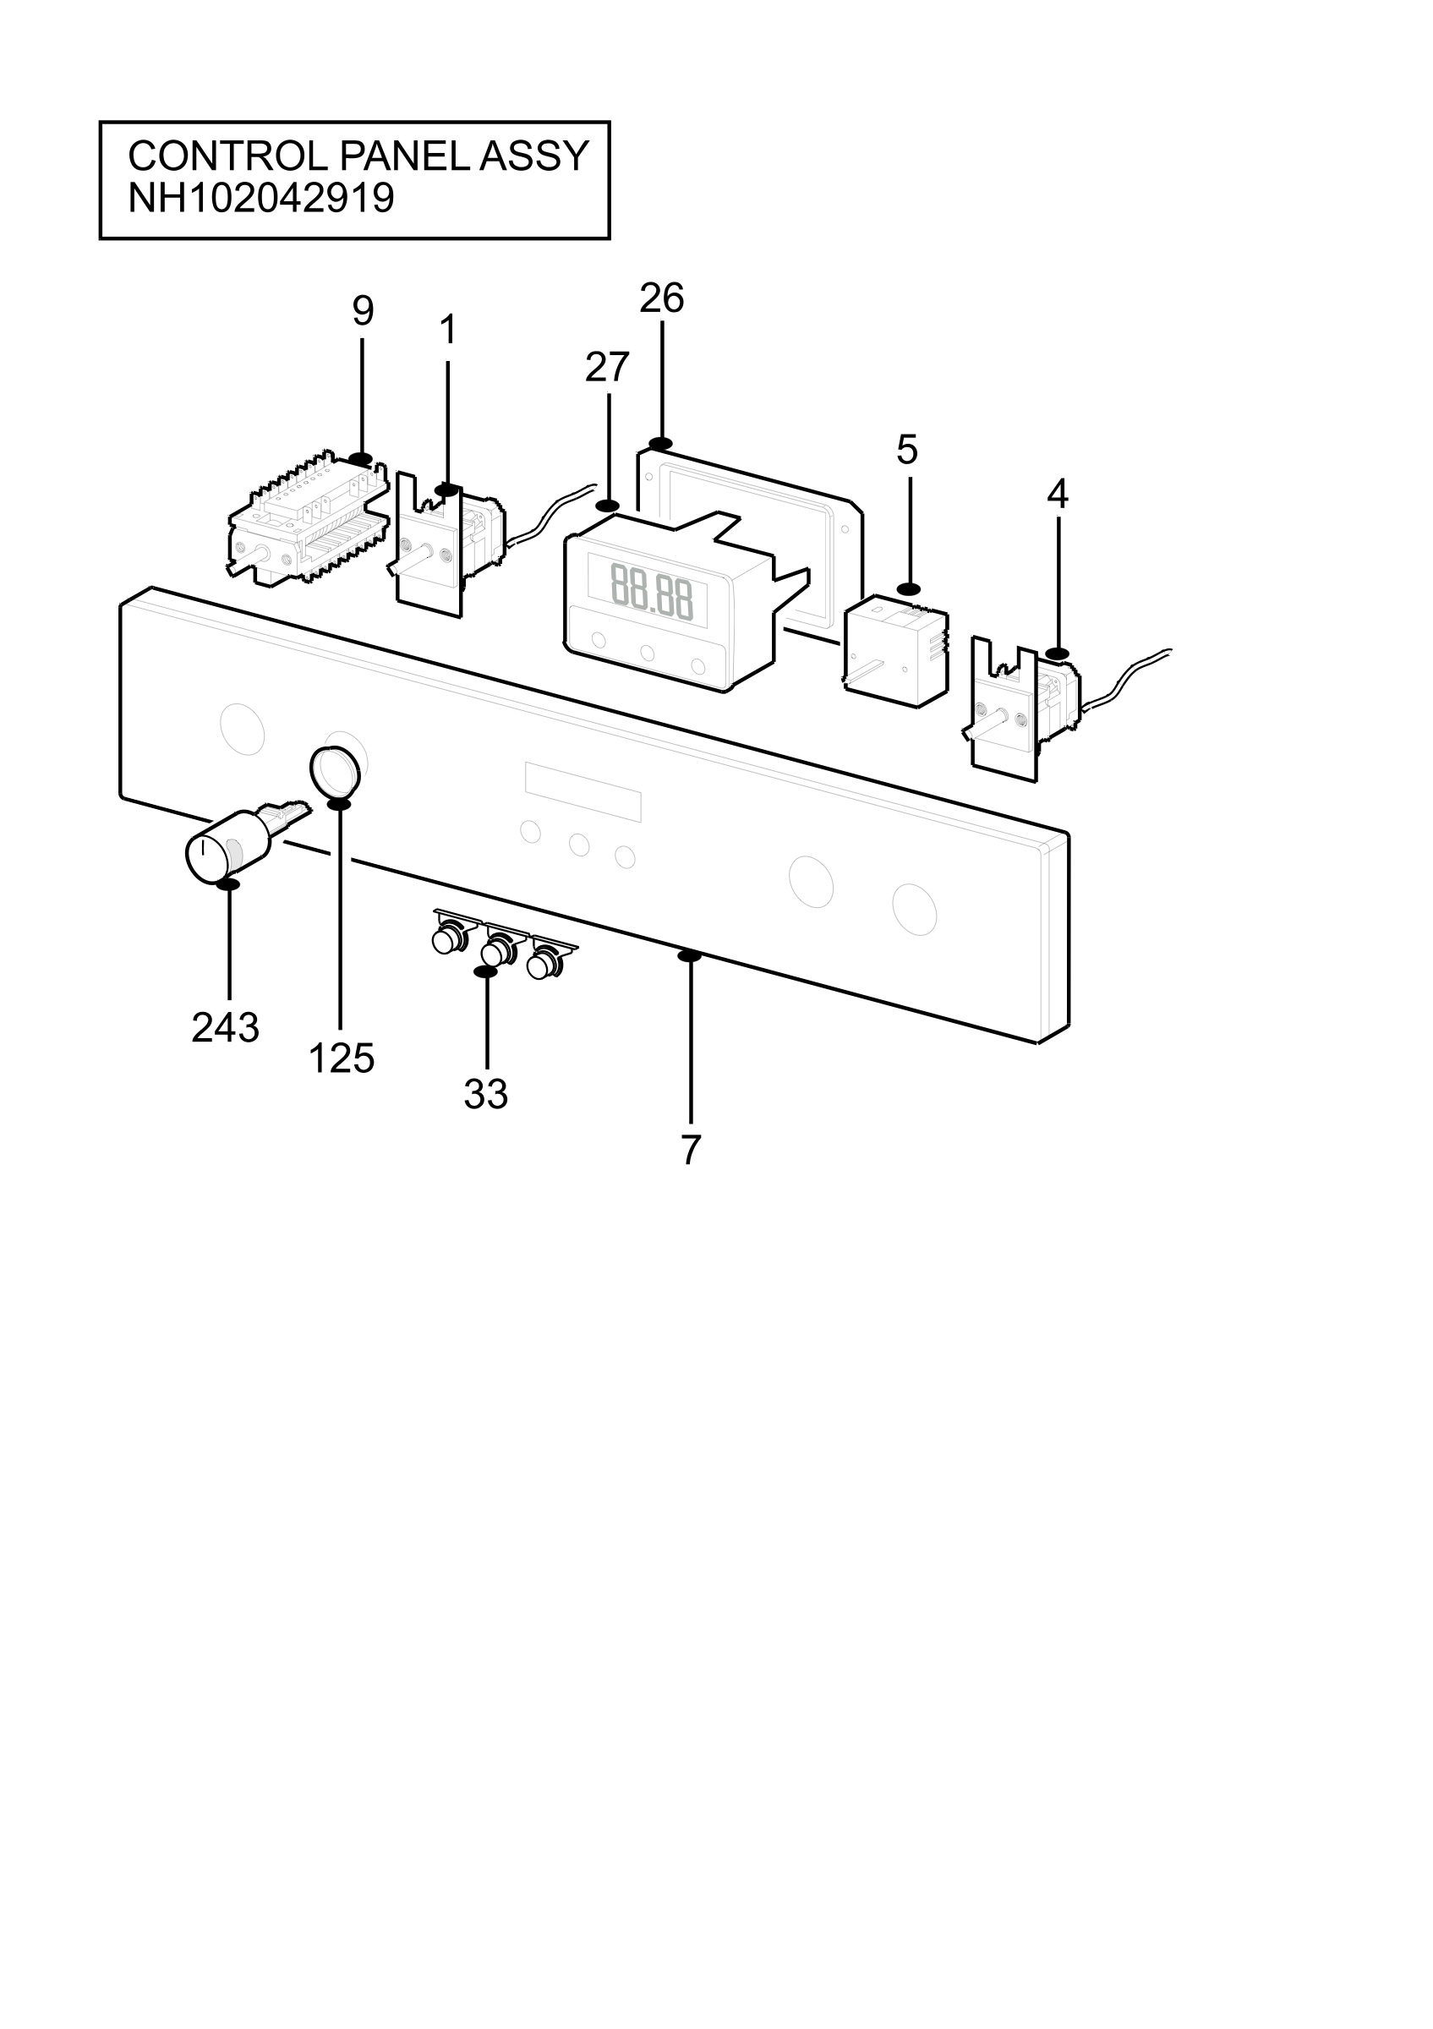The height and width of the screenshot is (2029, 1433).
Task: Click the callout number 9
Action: (363, 311)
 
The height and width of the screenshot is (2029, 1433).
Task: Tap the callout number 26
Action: (662, 298)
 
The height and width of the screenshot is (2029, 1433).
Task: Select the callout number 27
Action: (607, 367)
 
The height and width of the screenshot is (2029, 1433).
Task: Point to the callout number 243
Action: (225, 1028)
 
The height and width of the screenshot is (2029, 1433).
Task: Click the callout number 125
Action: (341, 1058)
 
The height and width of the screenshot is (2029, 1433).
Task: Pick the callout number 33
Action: (486, 1095)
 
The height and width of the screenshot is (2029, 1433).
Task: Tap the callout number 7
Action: (691, 1150)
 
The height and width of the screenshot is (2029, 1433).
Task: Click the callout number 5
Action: (907, 450)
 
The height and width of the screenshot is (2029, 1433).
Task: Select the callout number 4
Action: (1058, 494)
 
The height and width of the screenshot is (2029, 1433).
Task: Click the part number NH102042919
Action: (260, 198)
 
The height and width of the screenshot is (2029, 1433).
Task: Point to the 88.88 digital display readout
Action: (652, 591)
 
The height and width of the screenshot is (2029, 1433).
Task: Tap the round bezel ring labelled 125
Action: (335, 770)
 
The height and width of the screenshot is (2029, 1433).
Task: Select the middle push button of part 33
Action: (496, 949)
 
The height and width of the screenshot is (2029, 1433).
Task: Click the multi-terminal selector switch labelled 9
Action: (309, 520)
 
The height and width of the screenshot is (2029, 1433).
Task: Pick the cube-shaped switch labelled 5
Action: (897, 650)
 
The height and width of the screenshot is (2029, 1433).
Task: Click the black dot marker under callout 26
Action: (660, 444)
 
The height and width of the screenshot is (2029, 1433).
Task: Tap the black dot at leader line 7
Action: (689, 955)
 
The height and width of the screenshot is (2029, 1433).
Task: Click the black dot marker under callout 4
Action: (1057, 653)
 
